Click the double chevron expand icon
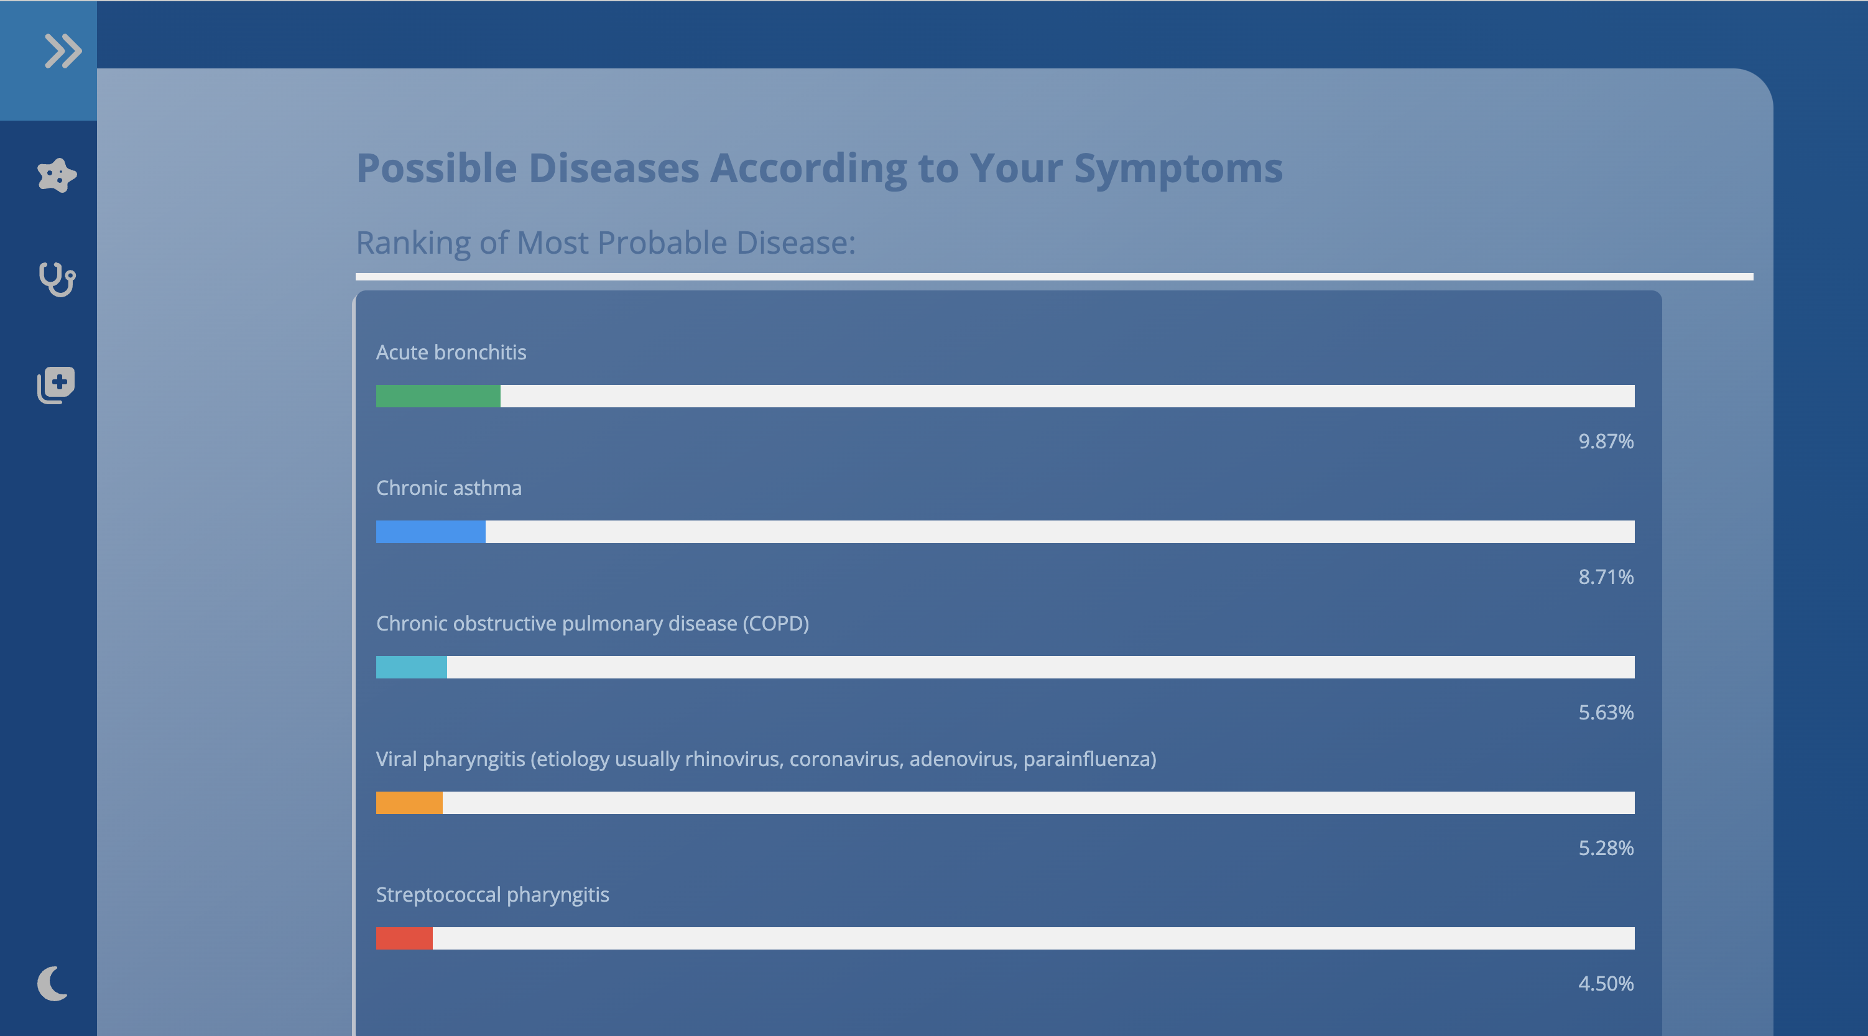pos(63,51)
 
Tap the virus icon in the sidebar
pos(57,175)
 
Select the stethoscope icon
pos(57,279)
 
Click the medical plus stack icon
pos(56,385)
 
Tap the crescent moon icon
pos(52,983)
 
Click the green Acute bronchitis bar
pos(438,396)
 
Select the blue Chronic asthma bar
pos(431,532)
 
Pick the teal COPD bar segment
pos(412,667)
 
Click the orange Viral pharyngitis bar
pos(409,803)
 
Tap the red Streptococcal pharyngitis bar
pos(405,938)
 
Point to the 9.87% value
pos(1606,441)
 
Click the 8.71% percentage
pos(1606,576)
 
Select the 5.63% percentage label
pos(1606,712)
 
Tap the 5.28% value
pos(1606,848)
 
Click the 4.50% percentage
pos(1606,983)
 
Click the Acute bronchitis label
pos(451,353)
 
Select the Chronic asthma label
pos(449,488)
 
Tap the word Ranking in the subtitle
pos(414,244)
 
